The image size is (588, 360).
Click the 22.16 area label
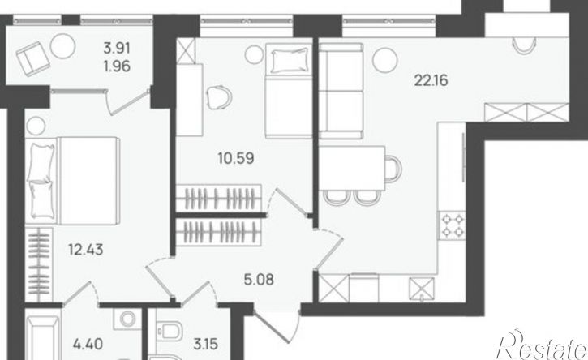(431, 80)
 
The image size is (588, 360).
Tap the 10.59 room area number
(236, 158)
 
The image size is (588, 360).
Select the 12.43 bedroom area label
(86, 250)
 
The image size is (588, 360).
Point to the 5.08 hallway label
(259, 280)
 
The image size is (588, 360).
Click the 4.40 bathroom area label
(88, 344)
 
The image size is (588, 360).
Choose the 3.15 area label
(206, 344)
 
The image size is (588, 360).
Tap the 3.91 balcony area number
(117, 48)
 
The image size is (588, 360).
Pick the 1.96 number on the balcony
(117, 66)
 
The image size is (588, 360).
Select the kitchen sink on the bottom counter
(422, 289)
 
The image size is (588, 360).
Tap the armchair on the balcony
(33, 59)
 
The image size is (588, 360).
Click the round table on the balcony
(62, 46)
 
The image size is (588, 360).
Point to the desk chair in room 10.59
(219, 97)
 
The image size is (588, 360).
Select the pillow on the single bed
(289, 60)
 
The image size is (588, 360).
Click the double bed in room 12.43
(73, 181)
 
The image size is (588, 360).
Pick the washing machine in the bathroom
(127, 319)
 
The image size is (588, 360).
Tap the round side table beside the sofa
(385, 60)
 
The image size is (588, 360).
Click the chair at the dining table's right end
(393, 169)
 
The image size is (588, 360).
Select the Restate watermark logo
(542, 345)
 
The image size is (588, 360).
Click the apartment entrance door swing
(277, 325)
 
